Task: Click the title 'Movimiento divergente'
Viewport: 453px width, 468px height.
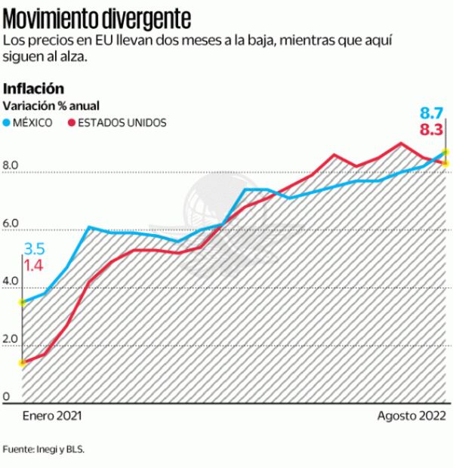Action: [x=97, y=15]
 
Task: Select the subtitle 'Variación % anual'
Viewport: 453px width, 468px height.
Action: [x=52, y=106]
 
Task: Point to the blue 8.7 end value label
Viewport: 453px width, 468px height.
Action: [x=430, y=113]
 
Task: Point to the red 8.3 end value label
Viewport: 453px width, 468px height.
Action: [x=430, y=130]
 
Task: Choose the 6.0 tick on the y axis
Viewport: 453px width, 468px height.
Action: [x=10, y=224]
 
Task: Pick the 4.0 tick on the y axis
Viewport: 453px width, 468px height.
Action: [x=10, y=282]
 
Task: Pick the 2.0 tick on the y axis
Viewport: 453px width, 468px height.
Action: [x=10, y=340]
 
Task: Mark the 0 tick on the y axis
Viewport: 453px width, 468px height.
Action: [x=5, y=398]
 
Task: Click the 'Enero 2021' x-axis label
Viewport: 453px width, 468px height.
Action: [x=51, y=416]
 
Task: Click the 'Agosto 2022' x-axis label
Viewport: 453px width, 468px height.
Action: [x=412, y=416]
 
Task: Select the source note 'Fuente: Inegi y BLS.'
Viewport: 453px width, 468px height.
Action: [x=45, y=449]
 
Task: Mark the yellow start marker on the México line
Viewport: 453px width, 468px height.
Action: [x=23, y=303]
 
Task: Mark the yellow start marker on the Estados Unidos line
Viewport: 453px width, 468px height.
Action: [x=23, y=363]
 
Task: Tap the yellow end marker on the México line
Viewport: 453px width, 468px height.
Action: [x=446, y=152]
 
